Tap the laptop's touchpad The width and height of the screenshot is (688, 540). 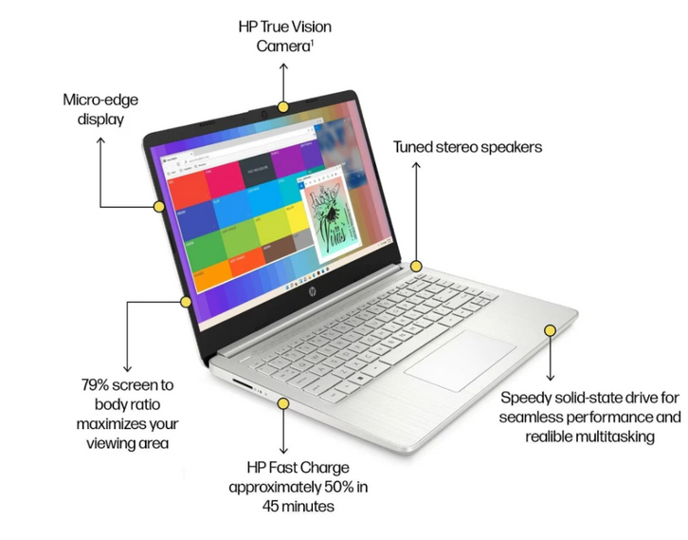461,358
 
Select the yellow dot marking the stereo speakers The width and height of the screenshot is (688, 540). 416,267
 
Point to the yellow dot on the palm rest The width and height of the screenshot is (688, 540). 550,329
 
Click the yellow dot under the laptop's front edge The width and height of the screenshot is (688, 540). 281,403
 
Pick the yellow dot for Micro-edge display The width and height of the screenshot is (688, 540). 158,205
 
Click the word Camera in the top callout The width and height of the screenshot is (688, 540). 281,46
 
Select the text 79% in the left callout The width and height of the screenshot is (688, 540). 99,385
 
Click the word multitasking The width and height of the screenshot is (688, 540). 618,436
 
